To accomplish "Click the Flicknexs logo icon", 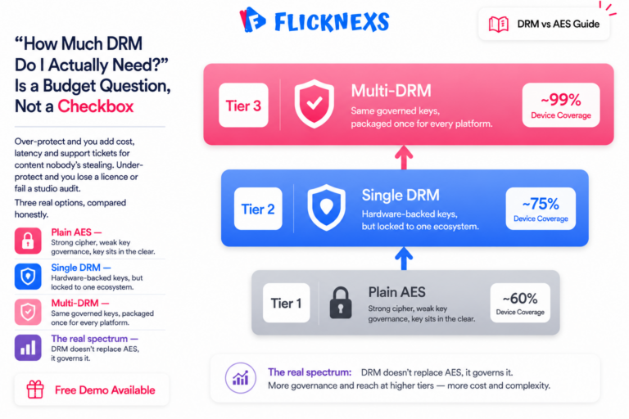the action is pos(252,20).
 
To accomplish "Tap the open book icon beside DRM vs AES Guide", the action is pos(499,24).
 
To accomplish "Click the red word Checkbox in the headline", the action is pos(96,106).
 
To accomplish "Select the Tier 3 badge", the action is pos(243,106).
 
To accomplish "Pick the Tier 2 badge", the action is pos(258,209).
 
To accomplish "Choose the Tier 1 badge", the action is pos(286,303).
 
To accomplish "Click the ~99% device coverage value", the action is pos(561,100).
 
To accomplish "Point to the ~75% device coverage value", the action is pos(541,204).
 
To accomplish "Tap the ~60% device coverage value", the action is pos(520,299).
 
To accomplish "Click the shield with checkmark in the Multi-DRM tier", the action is pos(314,103).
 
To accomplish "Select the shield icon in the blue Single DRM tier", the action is pos(326,207).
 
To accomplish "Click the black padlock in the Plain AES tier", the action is pos(341,303).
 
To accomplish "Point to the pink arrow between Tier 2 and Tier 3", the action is pos(404,157).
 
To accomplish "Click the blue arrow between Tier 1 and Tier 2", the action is pos(404,259).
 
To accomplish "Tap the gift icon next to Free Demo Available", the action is pos(35,390).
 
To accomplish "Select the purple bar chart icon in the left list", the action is pos(28,348).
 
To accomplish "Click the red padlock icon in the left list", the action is pos(28,241).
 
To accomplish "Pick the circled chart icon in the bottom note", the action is pos(240,378).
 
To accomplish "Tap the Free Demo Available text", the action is pos(105,390).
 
